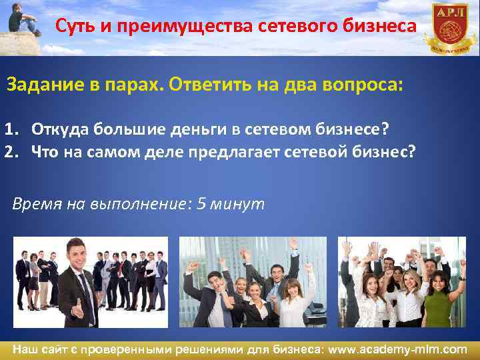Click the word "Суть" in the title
(74, 26)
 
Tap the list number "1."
(13, 129)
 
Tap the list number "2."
(13, 151)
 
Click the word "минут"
(237, 204)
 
